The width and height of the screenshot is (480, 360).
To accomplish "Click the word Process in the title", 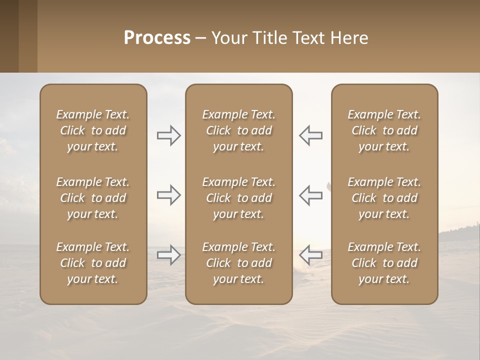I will point(157,38).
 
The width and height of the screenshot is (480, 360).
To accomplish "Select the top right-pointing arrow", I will point(168,135).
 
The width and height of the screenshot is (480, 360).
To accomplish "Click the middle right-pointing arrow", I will point(168,194).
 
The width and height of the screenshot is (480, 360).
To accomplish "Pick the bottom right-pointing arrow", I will point(168,255).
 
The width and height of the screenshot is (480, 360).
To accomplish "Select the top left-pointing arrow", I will point(311,135).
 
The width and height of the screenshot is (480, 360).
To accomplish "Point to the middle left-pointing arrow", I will point(311,194).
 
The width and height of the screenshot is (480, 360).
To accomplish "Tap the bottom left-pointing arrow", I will point(311,255).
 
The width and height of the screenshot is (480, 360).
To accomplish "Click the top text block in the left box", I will point(93,130).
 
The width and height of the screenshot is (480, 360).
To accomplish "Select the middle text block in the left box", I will point(93,198).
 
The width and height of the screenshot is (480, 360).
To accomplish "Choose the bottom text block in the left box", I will point(93,263).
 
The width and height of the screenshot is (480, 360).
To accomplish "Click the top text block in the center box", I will point(239,130).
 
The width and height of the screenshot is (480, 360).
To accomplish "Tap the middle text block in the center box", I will point(239,198).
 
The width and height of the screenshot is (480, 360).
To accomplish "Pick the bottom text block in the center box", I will point(239,263).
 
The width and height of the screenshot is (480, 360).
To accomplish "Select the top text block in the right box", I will point(384,130).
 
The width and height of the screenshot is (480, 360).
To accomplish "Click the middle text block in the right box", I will point(384,198).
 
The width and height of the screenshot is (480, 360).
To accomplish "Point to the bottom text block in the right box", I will point(384,263).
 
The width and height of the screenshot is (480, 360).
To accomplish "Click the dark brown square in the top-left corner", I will point(9,36).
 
